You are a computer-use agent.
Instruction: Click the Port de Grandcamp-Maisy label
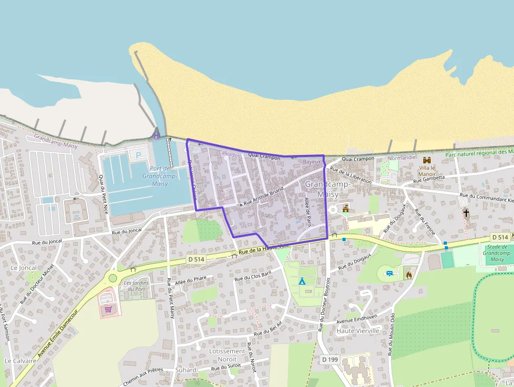point(159,176)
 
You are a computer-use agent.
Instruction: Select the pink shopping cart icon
point(109,309)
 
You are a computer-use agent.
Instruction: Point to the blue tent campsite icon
point(302,281)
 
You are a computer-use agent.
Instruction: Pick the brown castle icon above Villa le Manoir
point(426,160)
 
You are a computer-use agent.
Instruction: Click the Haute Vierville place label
point(358,331)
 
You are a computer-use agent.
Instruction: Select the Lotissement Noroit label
point(227,355)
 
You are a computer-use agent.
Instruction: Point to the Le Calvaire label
point(20,361)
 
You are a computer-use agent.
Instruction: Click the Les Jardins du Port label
point(135,286)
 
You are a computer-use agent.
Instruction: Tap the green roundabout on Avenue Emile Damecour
point(112,278)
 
